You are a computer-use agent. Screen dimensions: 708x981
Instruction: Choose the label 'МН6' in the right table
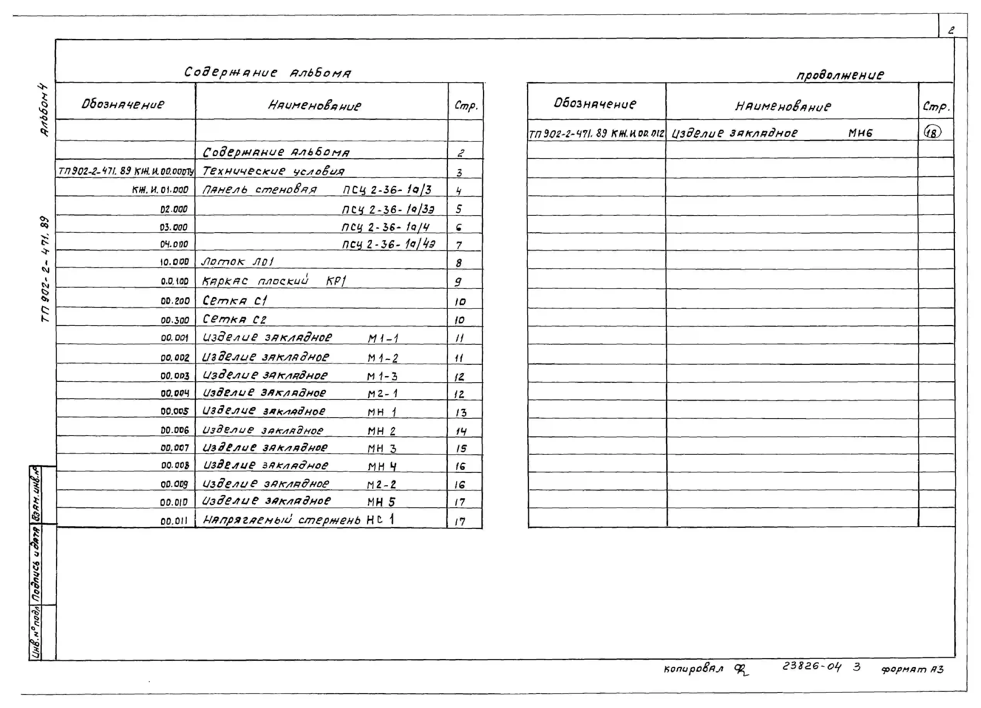coord(860,133)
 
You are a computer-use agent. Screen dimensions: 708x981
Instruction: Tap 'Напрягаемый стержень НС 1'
coord(298,519)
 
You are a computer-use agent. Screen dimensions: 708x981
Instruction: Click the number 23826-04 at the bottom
coord(811,666)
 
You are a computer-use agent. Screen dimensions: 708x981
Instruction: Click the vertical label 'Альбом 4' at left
coord(45,110)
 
